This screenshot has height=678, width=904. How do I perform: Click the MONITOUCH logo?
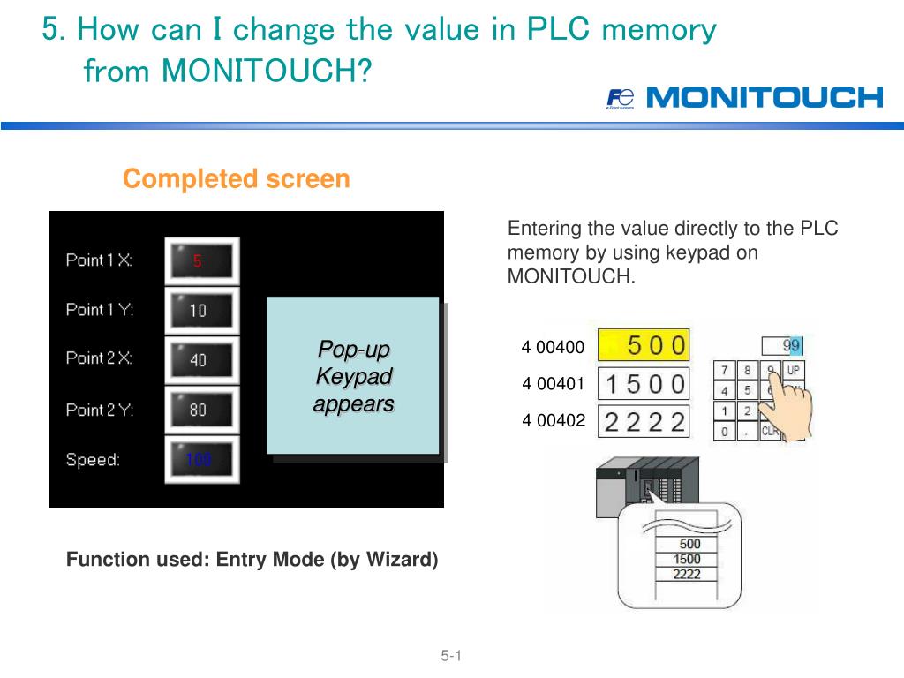pos(744,97)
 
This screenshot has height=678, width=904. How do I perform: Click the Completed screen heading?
pos(236,179)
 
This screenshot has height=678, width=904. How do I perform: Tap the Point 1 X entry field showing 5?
pos(201,260)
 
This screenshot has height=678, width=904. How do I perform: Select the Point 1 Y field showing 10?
pos(201,310)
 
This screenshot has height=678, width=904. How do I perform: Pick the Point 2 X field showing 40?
pos(201,359)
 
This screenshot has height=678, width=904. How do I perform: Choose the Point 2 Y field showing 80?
pos(201,409)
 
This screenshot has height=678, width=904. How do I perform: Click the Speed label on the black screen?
pos(93,460)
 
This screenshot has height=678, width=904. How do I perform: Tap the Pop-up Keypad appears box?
pos(353,376)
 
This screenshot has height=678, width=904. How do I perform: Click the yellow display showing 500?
pos(644,345)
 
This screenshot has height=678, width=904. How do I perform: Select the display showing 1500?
pos(644,383)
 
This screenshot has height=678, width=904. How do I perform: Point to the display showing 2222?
pos(644,421)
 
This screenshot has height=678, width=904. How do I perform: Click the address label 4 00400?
pos(554,347)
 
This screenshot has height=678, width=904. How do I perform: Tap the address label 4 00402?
pos(554,420)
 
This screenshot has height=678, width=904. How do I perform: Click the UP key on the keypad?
pos(794,371)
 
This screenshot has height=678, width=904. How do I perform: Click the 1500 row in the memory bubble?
pos(686,559)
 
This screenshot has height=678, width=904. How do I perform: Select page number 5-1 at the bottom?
pos(452,656)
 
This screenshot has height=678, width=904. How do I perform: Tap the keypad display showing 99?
pos(781,345)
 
